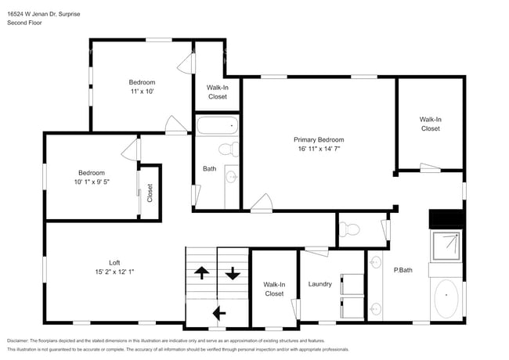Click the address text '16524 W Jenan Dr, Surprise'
(x=43, y=14)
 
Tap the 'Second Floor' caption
(x=24, y=23)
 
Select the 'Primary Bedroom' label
(x=319, y=139)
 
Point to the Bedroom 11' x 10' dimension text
(x=142, y=92)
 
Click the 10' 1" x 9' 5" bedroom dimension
(x=91, y=182)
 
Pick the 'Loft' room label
(x=114, y=262)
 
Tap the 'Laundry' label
(x=320, y=284)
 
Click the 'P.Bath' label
(x=403, y=270)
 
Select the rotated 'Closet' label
(x=150, y=193)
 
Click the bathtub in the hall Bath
(x=216, y=125)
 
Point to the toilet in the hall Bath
(x=228, y=149)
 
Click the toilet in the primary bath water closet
(x=351, y=229)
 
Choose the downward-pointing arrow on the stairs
(x=233, y=274)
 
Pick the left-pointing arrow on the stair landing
(x=218, y=312)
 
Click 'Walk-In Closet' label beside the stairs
(x=273, y=289)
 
